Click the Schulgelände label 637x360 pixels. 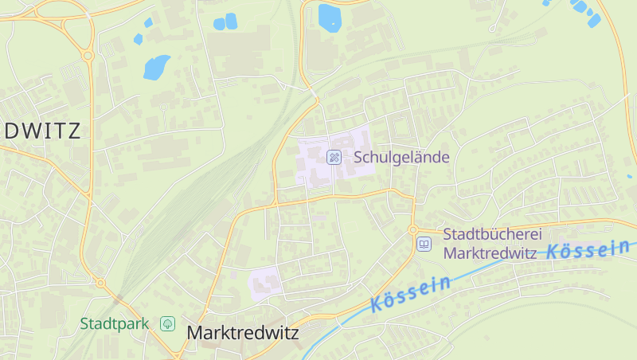tap(402, 157)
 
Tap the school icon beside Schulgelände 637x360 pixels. tap(334, 157)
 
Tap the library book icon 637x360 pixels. tap(424, 244)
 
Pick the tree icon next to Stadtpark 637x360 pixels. tap(167, 323)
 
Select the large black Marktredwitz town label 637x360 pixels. tap(242, 333)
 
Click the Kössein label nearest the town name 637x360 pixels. tap(411, 292)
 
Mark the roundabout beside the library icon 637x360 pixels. tap(412, 230)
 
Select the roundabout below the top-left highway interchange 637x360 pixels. tap(88, 56)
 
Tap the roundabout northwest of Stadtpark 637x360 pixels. tap(100, 283)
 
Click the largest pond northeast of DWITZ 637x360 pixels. tap(157, 67)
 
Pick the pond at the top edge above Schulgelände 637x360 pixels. tap(329, 17)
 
